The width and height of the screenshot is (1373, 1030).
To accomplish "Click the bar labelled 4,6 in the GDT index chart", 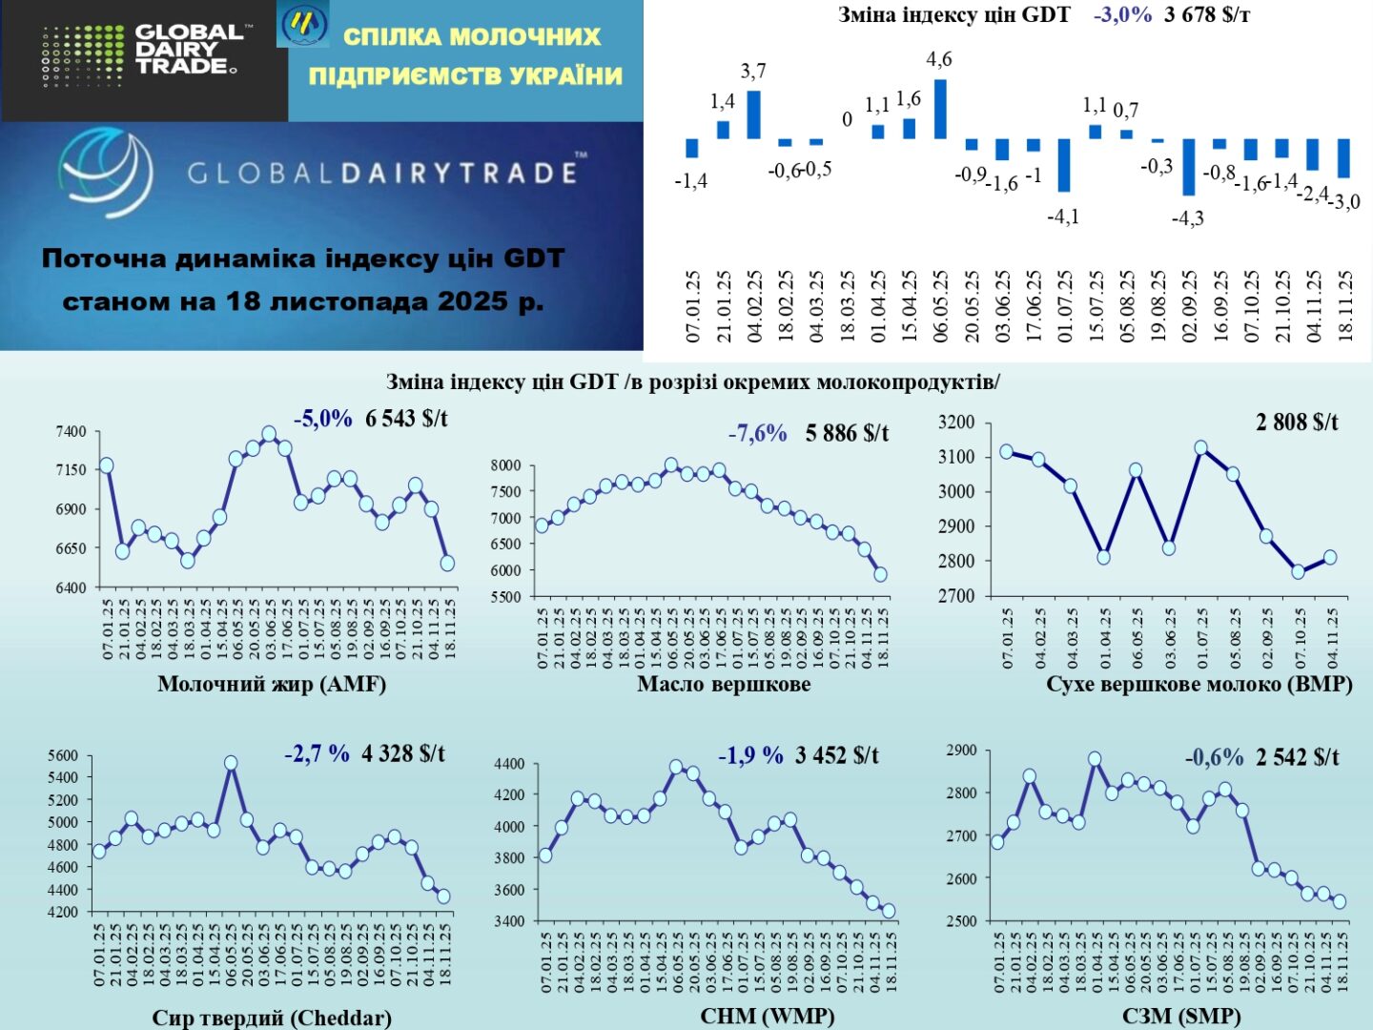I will point(940,109).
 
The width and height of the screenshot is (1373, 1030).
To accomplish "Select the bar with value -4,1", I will point(1064,165).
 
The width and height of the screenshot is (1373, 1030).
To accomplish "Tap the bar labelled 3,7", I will point(753,114).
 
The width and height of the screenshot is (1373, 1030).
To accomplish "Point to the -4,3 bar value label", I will point(1187,218).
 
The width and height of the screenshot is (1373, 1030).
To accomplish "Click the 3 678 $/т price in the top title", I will point(1207,15).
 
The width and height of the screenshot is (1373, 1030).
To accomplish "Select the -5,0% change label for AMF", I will point(322,419).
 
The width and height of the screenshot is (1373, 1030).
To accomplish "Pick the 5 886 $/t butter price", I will point(847,434).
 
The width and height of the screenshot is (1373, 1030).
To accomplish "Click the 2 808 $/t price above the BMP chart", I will point(1297,422).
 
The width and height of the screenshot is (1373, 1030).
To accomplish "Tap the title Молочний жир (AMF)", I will point(272,684).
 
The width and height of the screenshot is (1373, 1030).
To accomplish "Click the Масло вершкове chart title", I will point(724,684).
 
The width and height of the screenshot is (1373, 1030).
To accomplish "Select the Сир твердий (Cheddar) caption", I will point(272,1018).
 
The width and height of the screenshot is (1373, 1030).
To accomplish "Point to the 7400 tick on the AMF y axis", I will point(71,432).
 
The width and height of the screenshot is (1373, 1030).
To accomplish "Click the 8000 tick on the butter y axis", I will point(505,465).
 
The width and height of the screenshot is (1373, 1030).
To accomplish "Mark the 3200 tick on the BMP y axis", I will point(956,422).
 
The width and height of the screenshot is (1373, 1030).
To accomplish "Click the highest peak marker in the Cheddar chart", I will point(231,763).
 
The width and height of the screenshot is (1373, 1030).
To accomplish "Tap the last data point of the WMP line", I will point(889,911).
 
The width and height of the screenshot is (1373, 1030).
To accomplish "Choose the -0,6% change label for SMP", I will point(1214,757).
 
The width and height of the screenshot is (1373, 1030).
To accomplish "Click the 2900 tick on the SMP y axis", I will point(961,751).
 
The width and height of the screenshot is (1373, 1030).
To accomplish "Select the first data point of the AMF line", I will point(106,465).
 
